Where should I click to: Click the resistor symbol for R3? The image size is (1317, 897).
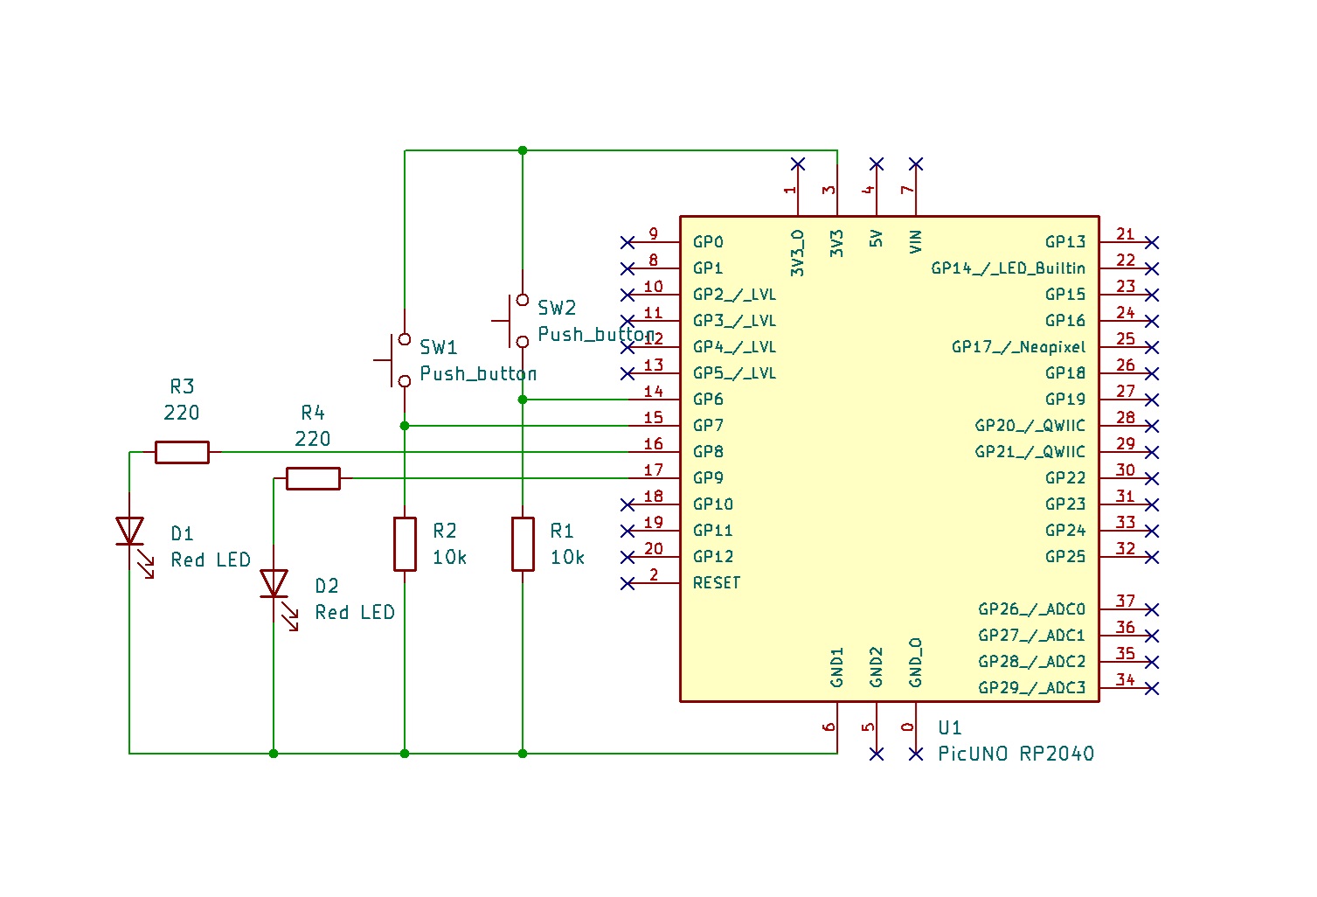click(182, 452)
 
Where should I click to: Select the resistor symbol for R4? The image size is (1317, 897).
click(313, 478)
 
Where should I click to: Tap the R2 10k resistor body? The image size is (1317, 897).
click(405, 544)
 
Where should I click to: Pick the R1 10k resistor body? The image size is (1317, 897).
click(523, 544)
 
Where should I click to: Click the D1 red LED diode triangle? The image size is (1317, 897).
click(130, 531)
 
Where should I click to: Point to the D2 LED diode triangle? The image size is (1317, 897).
click(274, 583)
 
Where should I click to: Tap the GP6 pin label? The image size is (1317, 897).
click(708, 400)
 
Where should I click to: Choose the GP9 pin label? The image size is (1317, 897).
click(708, 478)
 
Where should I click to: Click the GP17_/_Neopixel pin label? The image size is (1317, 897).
click(1018, 347)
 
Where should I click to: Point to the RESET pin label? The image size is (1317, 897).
click(717, 583)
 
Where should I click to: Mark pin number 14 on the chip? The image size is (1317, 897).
click(654, 392)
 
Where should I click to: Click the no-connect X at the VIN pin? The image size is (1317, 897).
click(916, 164)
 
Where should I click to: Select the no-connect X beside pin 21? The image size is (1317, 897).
click(1152, 242)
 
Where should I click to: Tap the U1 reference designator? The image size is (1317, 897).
click(950, 727)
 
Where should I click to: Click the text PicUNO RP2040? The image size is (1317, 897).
click(1015, 754)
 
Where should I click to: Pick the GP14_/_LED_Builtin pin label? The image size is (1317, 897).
click(1008, 268)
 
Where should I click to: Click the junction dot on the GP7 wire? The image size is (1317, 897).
click(405, 426)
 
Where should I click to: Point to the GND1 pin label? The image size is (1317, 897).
click(837, 667)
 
